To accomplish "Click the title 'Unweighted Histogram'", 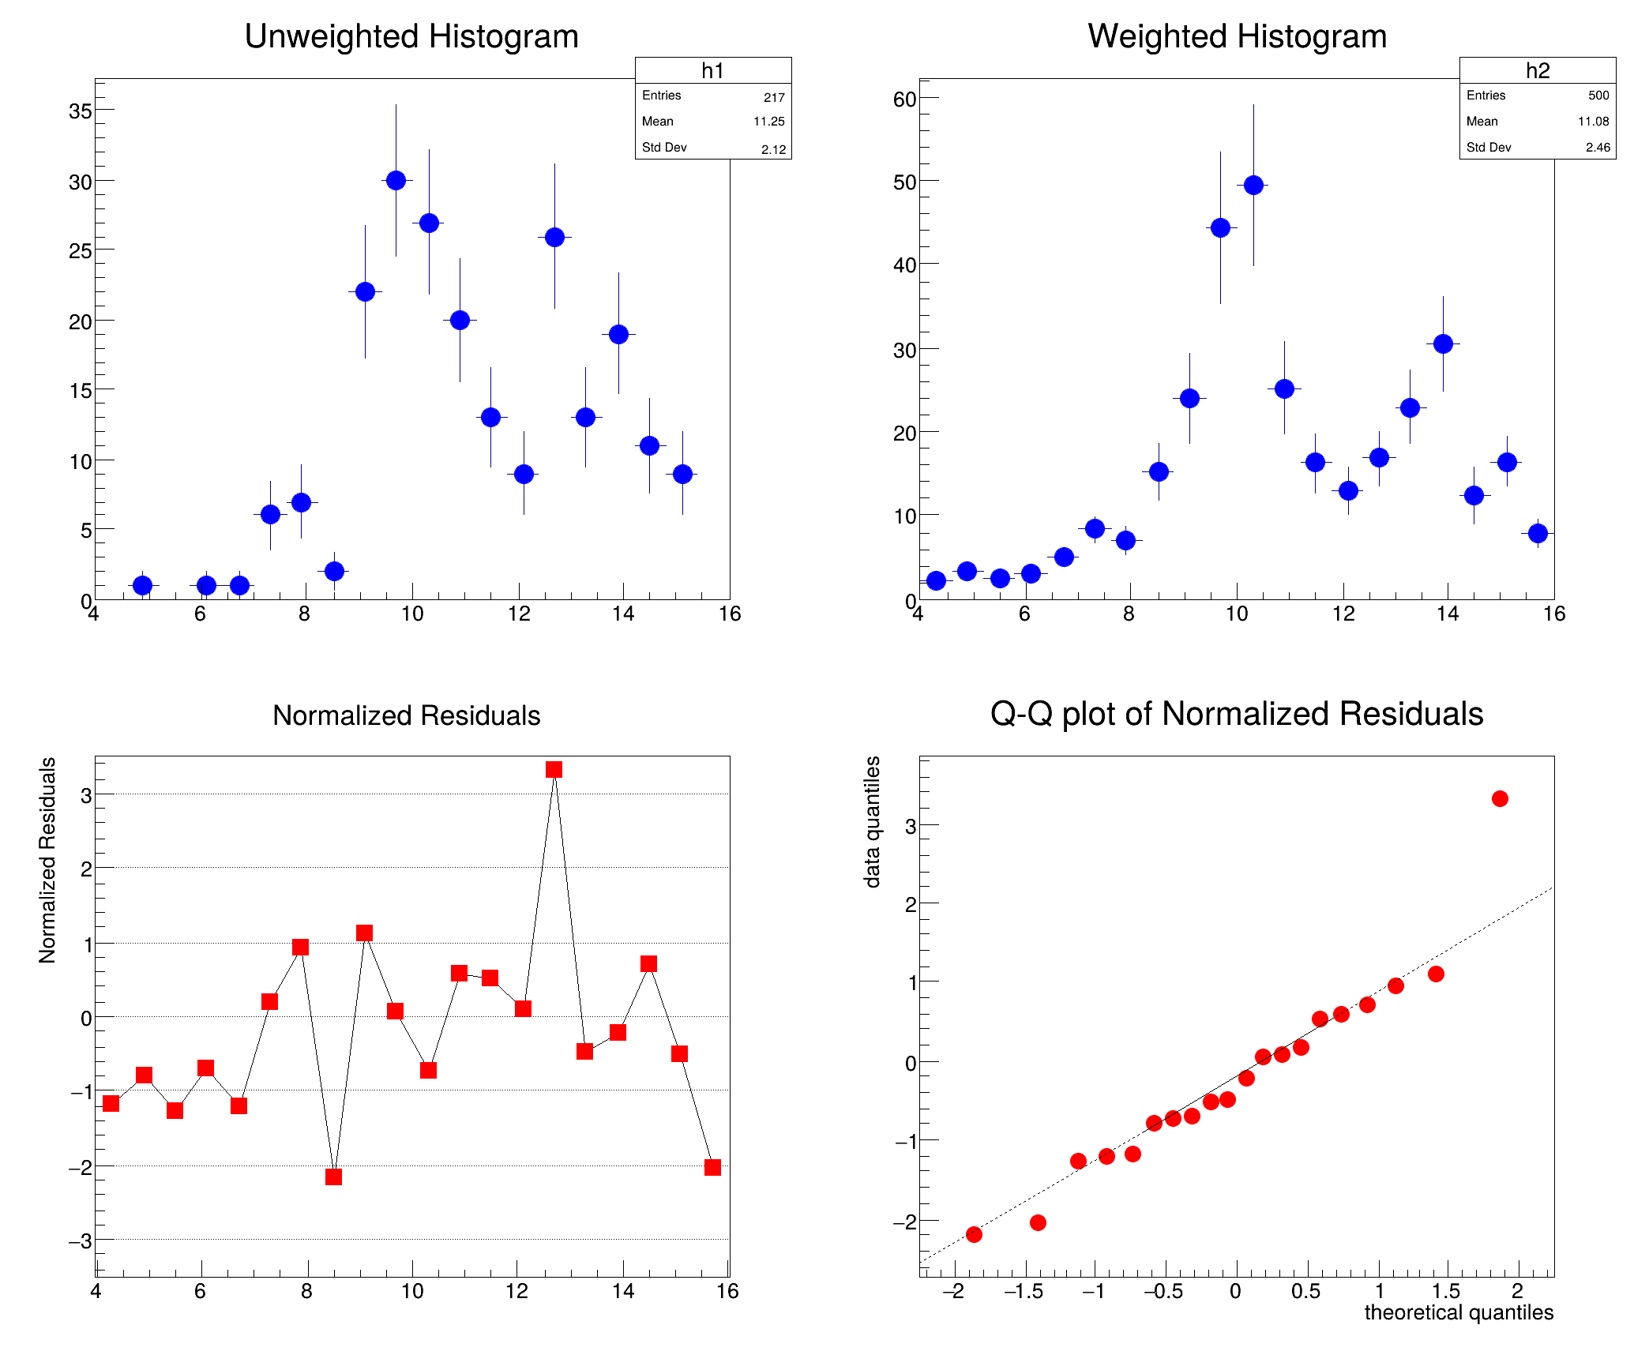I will pos(411,36).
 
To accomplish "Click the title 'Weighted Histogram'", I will pos(1237,36).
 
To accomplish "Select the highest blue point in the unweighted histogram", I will pos(396,181).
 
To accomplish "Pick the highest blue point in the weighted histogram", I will pos(1253,186).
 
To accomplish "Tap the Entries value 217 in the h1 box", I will pos(774,97).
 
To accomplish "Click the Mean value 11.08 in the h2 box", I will pos(1593,122).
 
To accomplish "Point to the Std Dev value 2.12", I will pos(773,149).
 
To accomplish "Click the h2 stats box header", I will pos(1537,70).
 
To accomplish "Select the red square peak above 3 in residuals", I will pos(554,770).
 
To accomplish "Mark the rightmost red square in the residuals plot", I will pos(712,1168).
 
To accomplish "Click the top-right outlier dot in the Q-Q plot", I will pos(1500,799).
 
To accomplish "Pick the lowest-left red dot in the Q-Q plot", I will pos(974,1234).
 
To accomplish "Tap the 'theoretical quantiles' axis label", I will pos(1459,1312).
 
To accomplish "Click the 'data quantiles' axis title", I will pos(872,822).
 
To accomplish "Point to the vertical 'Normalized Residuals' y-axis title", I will pos(47,860).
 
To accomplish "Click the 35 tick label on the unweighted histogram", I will pos(80,111).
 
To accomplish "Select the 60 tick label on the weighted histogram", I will pos(905,99).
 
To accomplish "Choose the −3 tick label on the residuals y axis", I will pos(80,1241).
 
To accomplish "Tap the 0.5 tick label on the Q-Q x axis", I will pos(1305,1291).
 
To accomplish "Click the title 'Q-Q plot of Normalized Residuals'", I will pos(1237,714).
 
